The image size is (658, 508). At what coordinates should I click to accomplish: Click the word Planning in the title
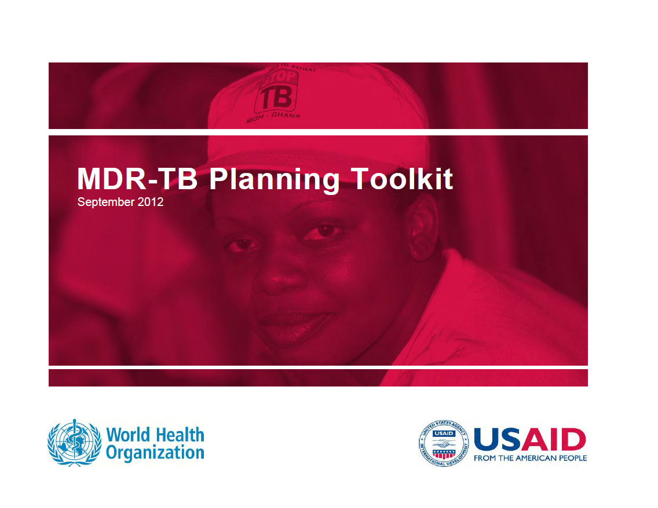274,179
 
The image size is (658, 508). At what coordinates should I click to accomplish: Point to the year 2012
150,203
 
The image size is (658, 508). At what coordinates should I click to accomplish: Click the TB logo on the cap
276,96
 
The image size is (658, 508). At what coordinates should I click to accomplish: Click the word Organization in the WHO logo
155,452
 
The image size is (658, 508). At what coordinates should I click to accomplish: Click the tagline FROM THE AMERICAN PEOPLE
530,458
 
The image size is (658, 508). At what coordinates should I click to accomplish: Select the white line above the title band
318,132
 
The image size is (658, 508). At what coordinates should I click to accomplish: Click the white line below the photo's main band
318,367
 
